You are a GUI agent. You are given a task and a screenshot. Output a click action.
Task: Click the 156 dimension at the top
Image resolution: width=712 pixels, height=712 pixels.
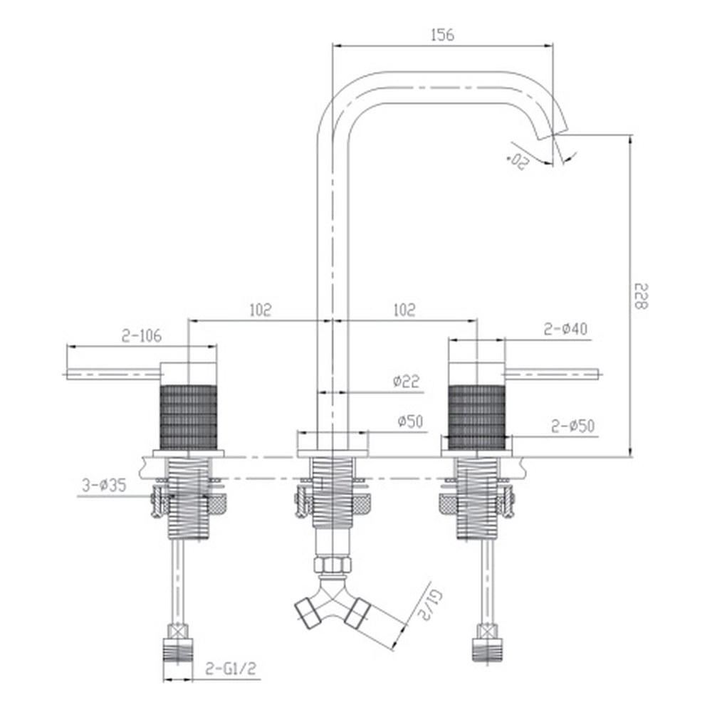tap(442, 35)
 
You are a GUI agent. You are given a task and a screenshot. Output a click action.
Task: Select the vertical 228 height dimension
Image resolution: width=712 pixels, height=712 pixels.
tap(642, 296)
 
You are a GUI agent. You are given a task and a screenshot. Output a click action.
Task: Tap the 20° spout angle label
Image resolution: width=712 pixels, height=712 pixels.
tap(518, 161)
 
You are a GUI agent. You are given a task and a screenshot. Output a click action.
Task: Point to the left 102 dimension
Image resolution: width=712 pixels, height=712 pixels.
tap(261, 310)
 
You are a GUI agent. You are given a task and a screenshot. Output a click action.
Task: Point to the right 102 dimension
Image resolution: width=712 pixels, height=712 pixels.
tap(404, 310)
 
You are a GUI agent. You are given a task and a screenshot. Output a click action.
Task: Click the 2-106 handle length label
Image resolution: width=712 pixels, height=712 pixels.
tap(142, 335)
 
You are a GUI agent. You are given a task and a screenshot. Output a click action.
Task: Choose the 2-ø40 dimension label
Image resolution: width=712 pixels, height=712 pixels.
tap(566, 329)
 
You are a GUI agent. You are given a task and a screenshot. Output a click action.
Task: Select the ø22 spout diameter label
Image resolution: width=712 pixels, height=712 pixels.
tap(407, 380)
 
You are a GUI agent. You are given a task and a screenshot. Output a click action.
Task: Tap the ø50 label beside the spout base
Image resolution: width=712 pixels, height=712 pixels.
tap(411, 422)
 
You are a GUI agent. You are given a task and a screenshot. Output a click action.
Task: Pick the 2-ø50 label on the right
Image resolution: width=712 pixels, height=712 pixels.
tap(573, 426)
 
